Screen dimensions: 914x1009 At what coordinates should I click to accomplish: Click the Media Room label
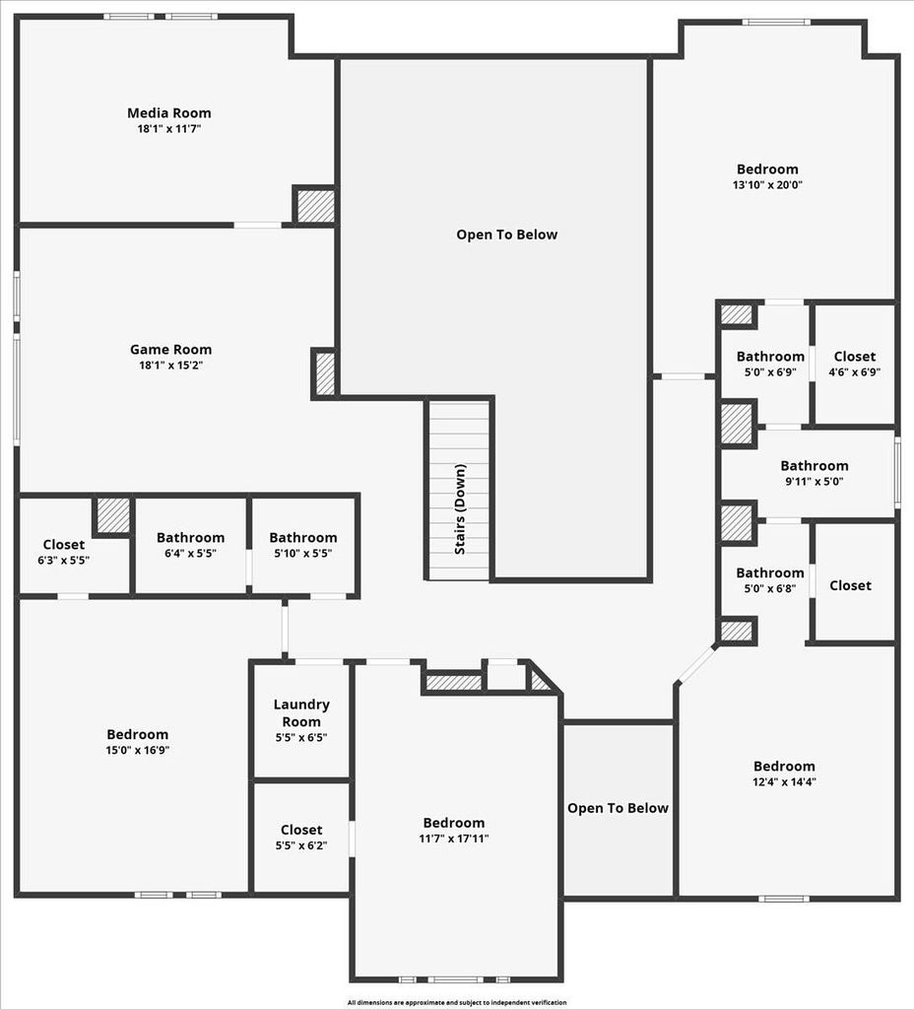(x=169, y=113)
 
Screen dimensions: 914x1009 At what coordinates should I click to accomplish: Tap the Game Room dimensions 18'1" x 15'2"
(x=170, y=366)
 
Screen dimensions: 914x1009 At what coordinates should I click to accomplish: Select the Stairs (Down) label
(x=460, y=509)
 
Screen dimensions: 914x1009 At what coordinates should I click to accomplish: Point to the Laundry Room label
(x=301, y=713)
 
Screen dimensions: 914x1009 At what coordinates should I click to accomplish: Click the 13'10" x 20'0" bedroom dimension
(x=767, y=185)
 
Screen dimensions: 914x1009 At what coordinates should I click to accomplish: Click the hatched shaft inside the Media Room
(x=314, y=205)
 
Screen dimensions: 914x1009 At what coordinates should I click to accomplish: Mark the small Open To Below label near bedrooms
(x=618, y=808)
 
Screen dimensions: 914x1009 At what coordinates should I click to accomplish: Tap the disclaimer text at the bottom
(x=457, y=1002)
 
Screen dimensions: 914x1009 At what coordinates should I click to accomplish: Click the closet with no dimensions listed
(x=850, y=585)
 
